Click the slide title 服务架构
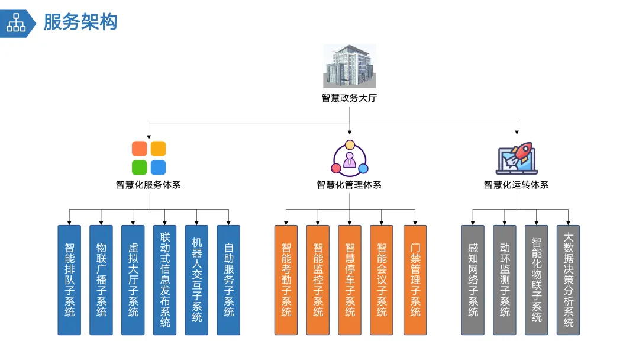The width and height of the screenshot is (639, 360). (x=80, y=22)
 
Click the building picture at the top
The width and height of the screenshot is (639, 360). (x=349, y=66)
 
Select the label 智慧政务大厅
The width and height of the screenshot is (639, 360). (x=349, y=98)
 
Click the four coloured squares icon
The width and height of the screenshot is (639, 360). (x=149, y=157)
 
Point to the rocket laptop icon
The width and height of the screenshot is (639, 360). (x=517, y=158)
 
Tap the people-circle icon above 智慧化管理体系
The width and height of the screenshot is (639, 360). (x=349, y=157)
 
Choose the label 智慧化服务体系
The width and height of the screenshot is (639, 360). (x=149, y=185)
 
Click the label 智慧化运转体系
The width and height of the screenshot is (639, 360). (x=517, y=185)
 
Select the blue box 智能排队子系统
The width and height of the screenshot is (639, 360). (x=69, y=279)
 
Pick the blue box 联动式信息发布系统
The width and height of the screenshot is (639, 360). (x=164, y=279)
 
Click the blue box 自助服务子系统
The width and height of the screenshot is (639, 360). (x=228, y=279)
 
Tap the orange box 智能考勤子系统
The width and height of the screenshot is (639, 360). (x=286, y=279)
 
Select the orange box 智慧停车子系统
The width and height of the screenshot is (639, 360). (x=350, y=279)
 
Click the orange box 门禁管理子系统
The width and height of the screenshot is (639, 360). (x=415, y=279)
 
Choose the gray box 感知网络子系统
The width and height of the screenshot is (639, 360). (x=473, y=279)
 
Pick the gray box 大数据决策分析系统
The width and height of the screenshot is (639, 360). (x=568, y=279)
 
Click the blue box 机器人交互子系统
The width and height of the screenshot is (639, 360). (x=196, y=279)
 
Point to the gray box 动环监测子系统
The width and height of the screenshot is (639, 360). (x=505, y=279)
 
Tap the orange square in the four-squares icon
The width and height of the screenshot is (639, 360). (x=140, y=149)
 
